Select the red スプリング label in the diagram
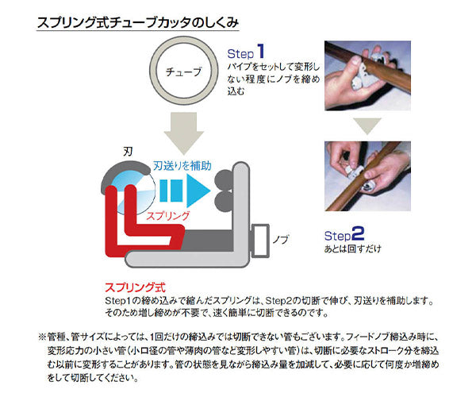[x=164, y=215]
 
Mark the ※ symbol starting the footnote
[x=42, y=337]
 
